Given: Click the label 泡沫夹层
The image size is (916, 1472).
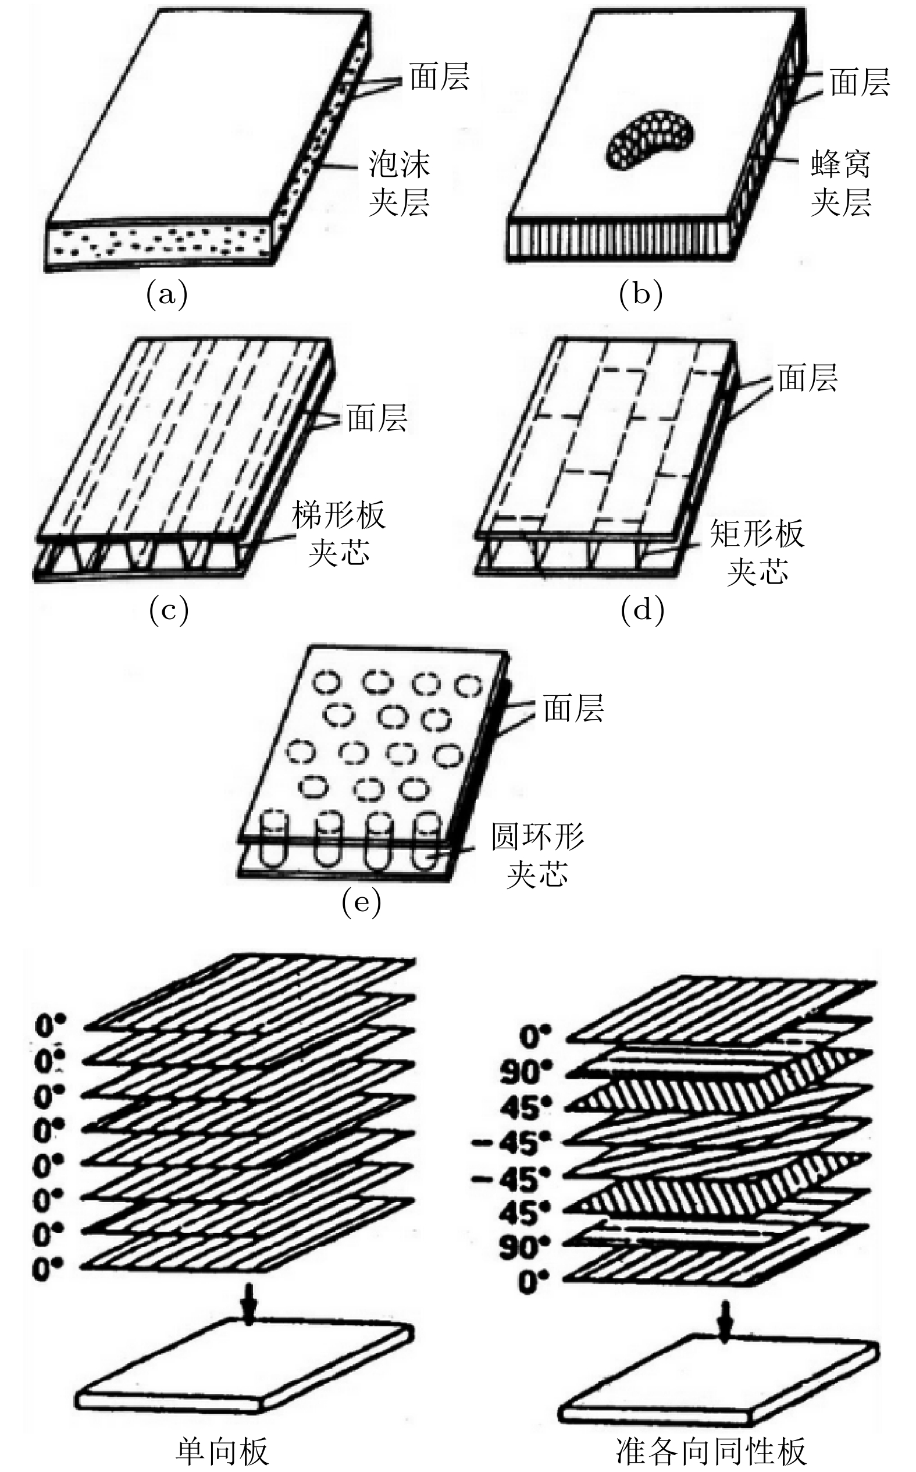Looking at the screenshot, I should tap(399, 183).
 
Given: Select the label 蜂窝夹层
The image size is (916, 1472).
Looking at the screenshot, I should tap(841, 183).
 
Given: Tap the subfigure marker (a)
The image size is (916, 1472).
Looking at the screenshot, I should tap(167, 295).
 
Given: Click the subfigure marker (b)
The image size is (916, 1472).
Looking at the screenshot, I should tap(641, 295).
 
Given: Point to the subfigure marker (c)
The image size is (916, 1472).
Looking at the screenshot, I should tap(169, 611).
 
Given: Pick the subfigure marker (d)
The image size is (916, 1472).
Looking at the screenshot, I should tap(642, 611).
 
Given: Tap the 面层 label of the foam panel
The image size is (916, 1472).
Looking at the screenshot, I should tap(439, 77).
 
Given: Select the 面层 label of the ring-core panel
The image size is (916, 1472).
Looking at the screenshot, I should tap(573, 708).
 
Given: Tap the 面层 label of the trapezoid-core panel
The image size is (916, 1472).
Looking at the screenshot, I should tap(377, 418).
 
